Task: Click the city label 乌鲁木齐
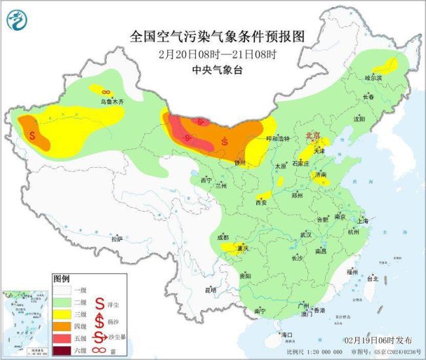pyautogui.click(x=111, y=102)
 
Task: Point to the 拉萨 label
pyautogui.click(x=117, y=239)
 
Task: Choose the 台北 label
pyautogui.click(x=373, y=279)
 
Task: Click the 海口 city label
pyautogui.click(x=286, y=335)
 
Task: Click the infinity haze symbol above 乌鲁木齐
pyautogui.click(x=106, y=92)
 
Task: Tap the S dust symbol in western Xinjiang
pyautogui.click(x=33, y=135)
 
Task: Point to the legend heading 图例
pyautogui.click(x=61, y=278)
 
